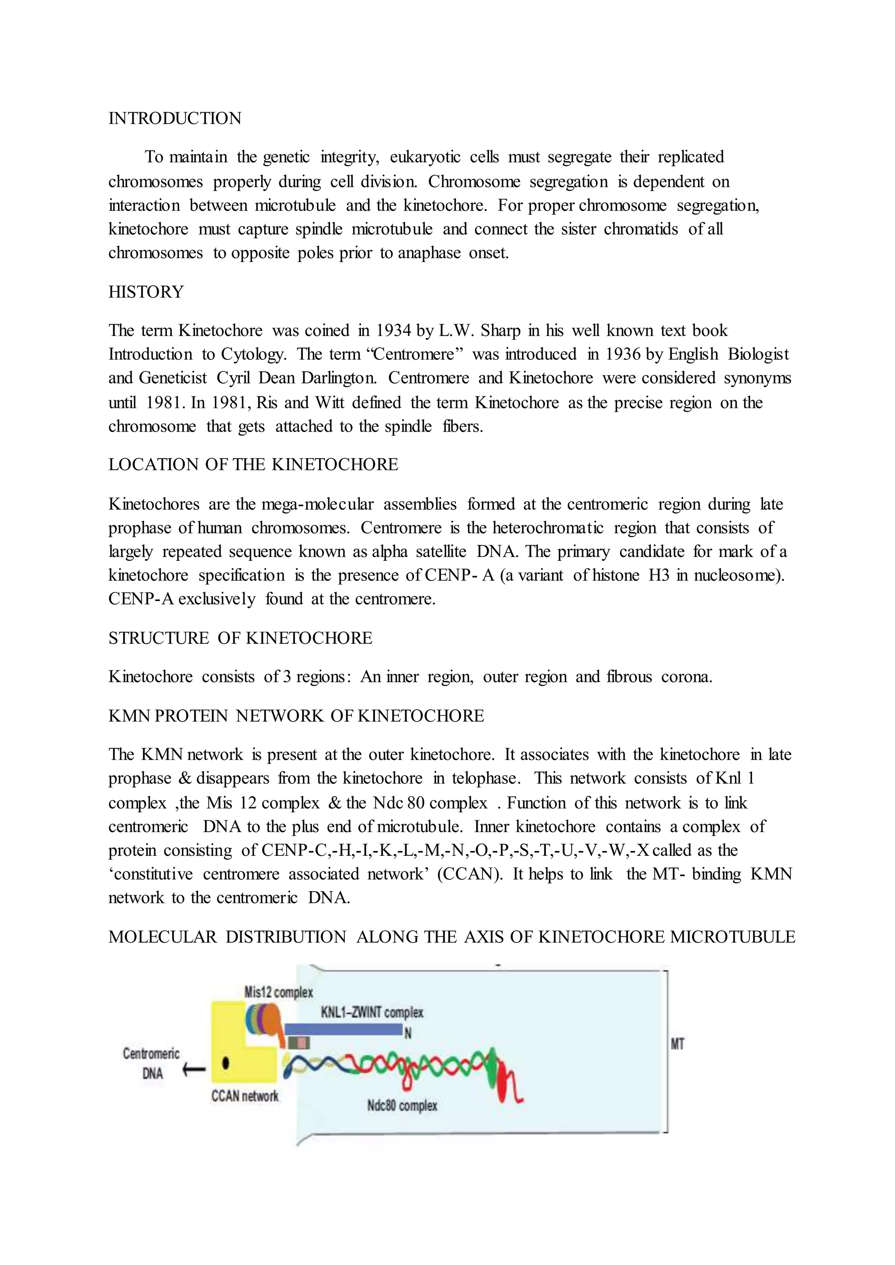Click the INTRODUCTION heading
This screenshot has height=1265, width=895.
[x=175, y=118]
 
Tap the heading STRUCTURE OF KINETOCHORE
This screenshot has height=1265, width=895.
[x=240, y=638]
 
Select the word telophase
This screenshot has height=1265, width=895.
[x=486, y=778]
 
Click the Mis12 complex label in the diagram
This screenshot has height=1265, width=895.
[x=278, y=992]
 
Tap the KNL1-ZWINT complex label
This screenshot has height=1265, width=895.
[x=372, y=1012]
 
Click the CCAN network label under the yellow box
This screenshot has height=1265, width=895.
[x=245, y=1096]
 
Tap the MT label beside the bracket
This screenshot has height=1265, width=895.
[x=677, y=1044]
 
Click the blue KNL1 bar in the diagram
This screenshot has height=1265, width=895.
[x=342, y=1029]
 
